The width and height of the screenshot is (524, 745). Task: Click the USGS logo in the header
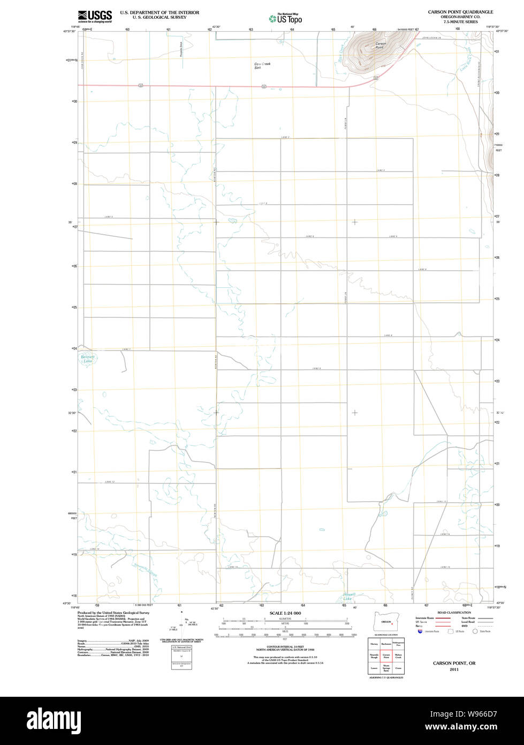(x=95, y=16)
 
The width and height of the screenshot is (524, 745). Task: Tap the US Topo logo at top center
(x=285, y=18)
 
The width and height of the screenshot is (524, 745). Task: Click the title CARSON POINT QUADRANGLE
(x=460, y=12)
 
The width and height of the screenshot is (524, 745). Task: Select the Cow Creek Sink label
(x=262, y=65)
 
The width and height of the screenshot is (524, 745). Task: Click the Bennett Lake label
(x=87, y=359)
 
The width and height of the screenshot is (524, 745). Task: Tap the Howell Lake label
(x=348, y=596)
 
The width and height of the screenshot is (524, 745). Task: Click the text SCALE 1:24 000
(x=285, y=613)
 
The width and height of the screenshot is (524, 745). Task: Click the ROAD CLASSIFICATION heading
(x=454, y=613)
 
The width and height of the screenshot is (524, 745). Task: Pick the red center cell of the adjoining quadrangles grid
(x=386, y=655)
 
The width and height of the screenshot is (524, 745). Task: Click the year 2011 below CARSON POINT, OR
(x=454, y=669)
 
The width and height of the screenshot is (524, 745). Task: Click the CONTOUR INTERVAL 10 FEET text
(x=285, y=647)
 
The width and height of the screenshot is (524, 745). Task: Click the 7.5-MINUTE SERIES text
(x=460, y=21)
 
